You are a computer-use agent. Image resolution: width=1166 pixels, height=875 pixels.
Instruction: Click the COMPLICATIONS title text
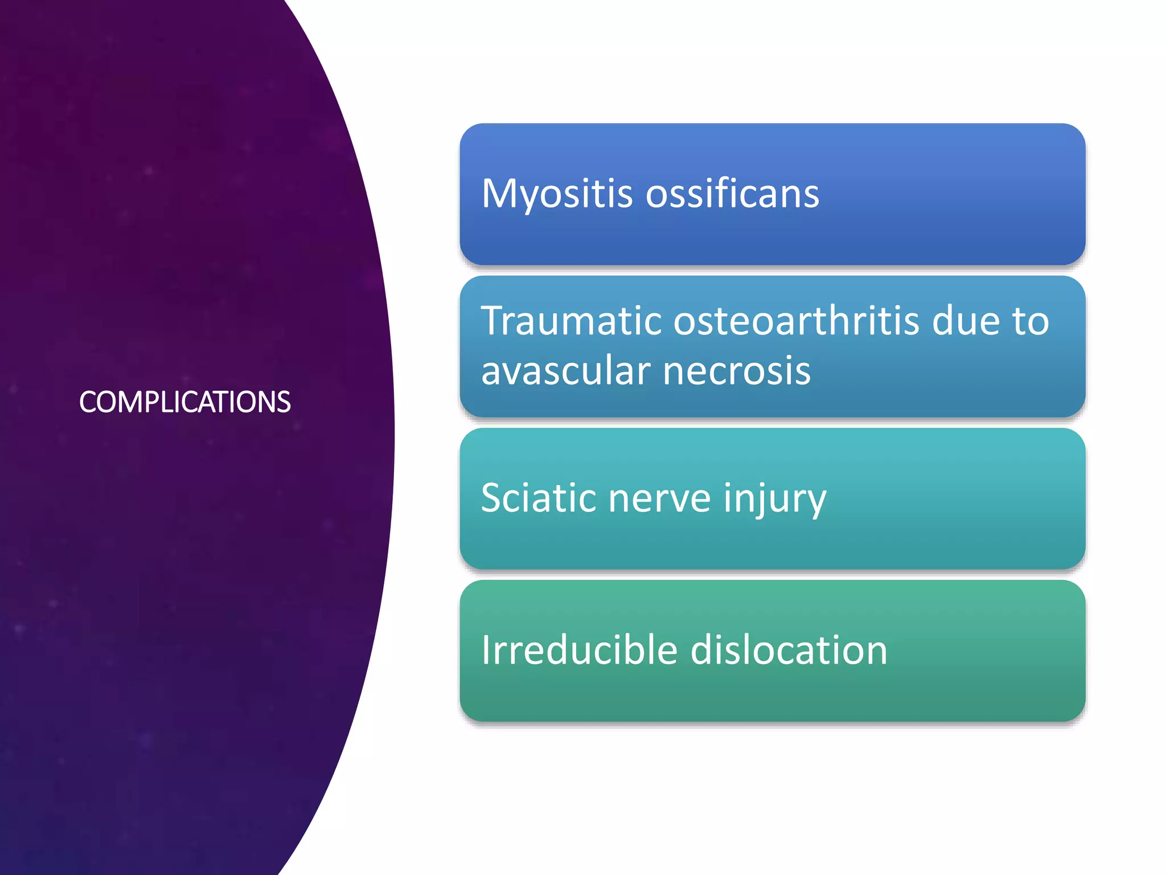coord(184,402)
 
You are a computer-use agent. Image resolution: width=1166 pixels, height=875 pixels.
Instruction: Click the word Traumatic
coord(571,321)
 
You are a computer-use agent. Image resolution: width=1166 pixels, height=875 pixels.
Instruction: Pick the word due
coord(966,321)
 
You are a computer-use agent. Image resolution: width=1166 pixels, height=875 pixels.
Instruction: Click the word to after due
coord(1030,321)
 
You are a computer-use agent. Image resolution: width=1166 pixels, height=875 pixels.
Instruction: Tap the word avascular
coord(565,371)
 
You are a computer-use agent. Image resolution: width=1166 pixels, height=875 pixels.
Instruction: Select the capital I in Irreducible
coord(486,650)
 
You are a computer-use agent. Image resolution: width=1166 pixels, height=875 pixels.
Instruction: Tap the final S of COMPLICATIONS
coord(284,402)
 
